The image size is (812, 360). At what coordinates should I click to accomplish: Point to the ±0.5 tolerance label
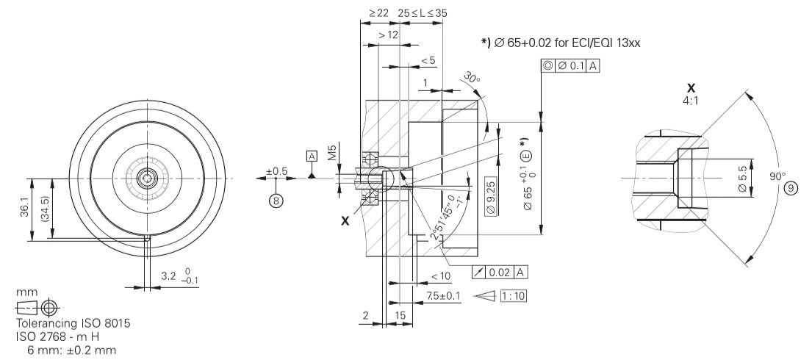pos(277,171)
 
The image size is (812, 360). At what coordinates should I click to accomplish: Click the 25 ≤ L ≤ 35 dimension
pos(423,13)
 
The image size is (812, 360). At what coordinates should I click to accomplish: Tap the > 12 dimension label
pos(387,35)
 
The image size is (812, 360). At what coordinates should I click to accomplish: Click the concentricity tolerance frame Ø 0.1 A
pos(568,66)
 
